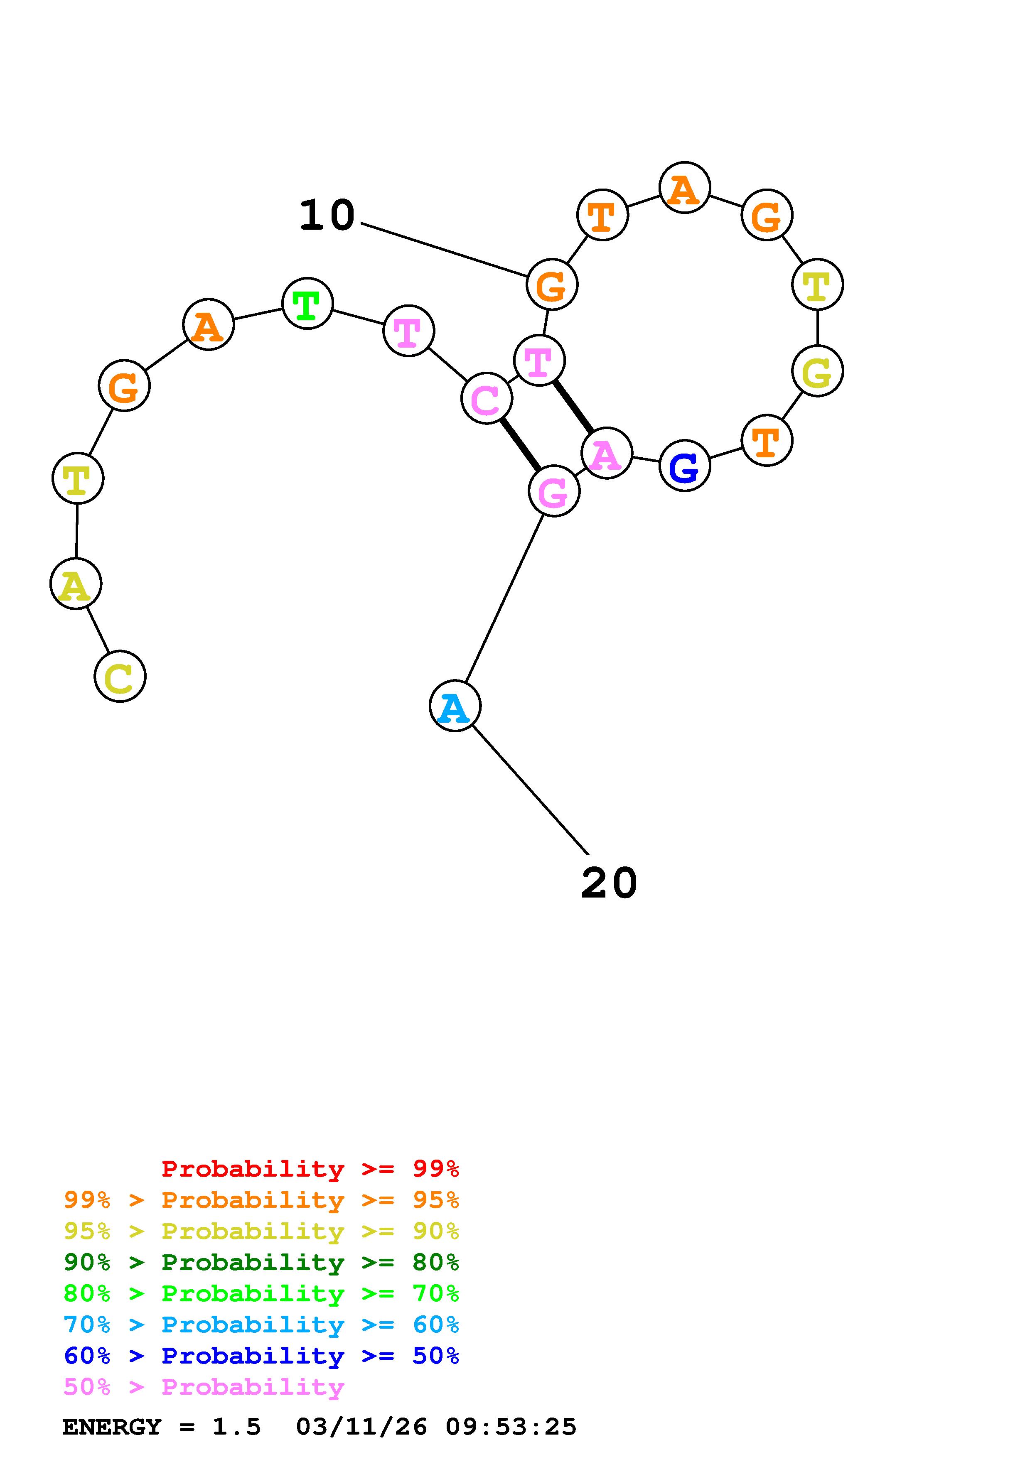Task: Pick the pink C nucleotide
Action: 486,399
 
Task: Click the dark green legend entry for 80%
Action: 261,1262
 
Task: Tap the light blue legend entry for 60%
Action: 261,1325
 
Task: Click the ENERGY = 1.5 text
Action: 161,1427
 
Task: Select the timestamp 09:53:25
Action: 511,1427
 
